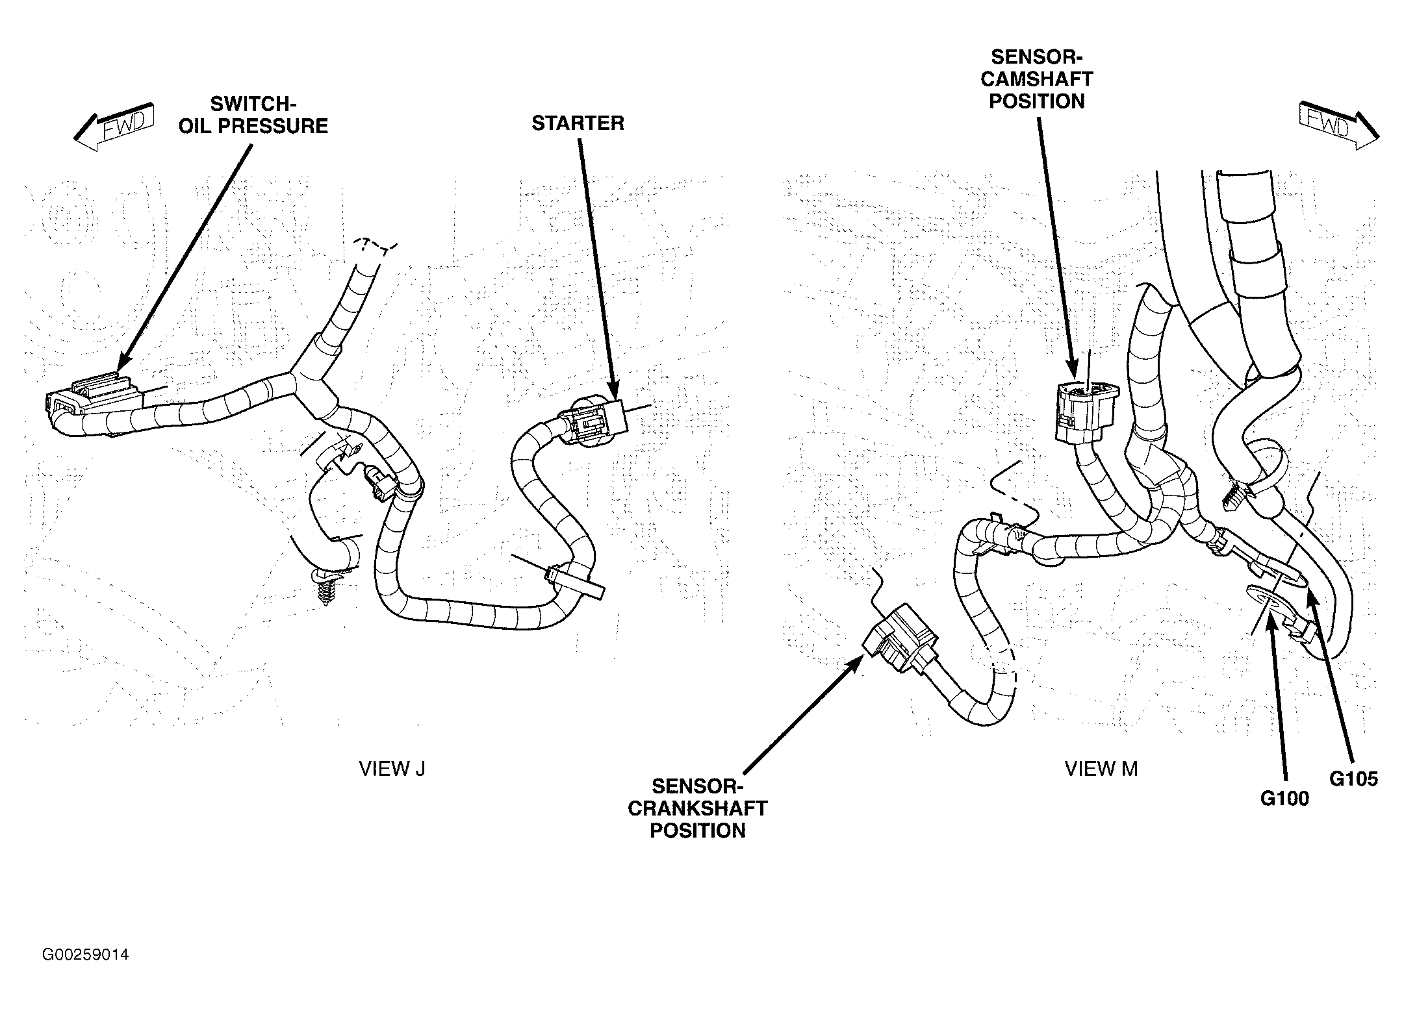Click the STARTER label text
[578, 123]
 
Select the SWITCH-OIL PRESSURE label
[253, 115]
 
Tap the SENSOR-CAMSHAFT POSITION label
[1037, 79]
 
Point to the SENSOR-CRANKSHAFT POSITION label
[697, 808]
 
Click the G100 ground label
[1284, 799]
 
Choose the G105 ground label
[1353, 779]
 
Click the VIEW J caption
[392, 769]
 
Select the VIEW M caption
[1101, 769]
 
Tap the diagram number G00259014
[85, 955]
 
